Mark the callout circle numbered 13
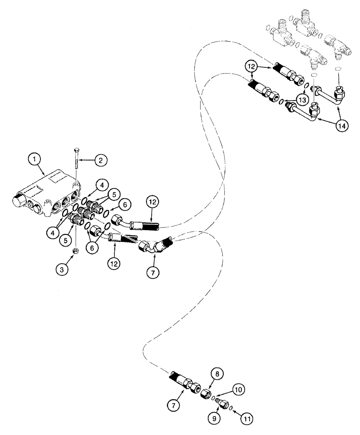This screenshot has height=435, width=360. point(301,100)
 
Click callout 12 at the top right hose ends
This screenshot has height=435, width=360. point(250,67)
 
